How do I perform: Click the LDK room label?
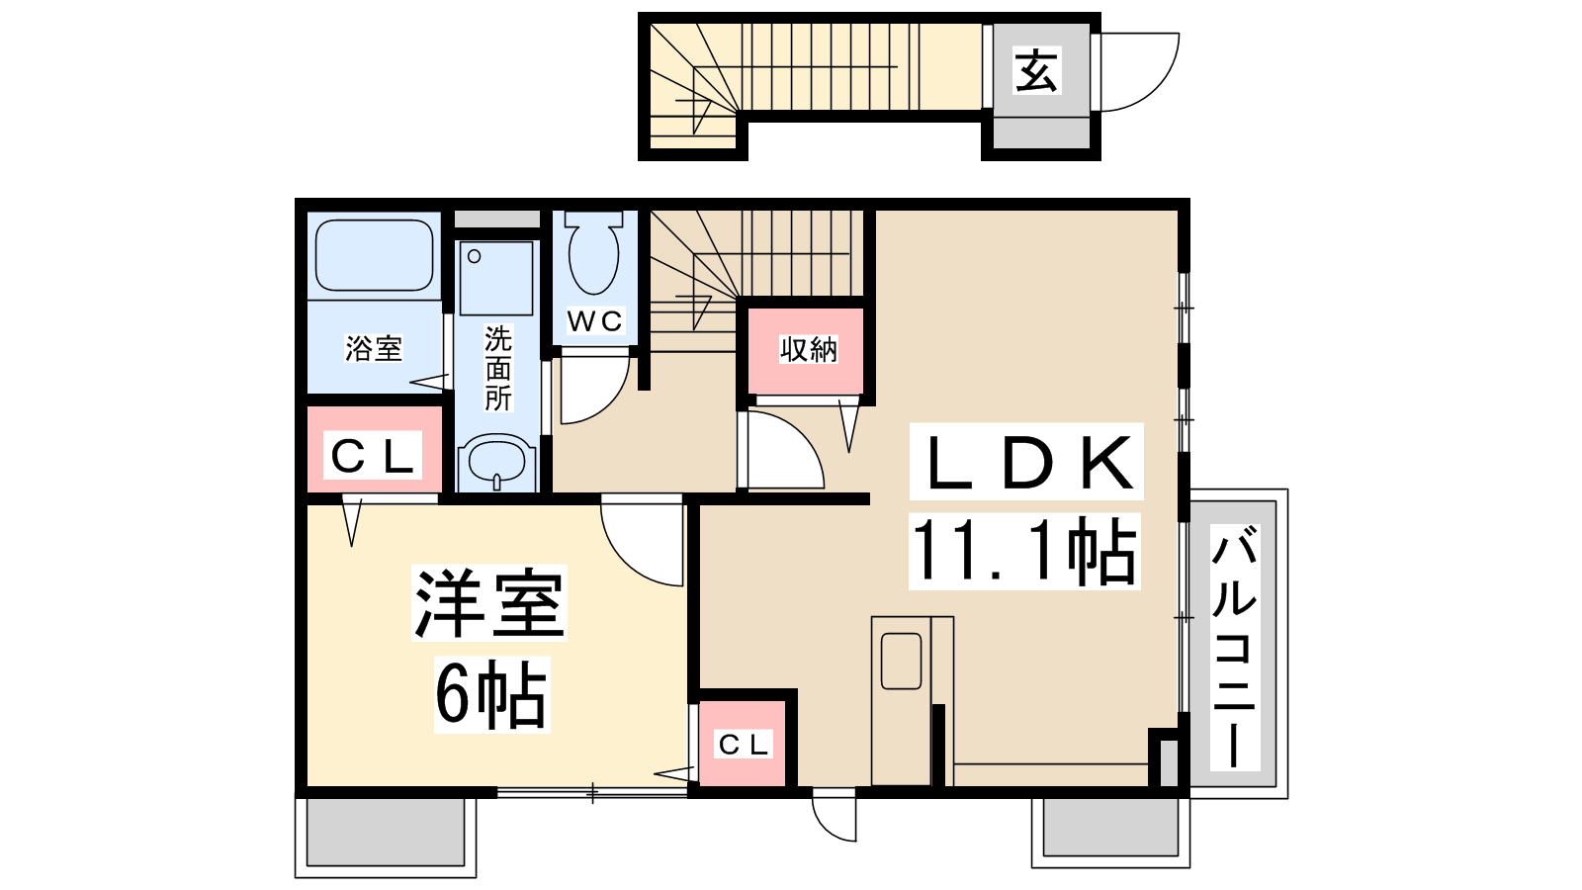click(1026, 462)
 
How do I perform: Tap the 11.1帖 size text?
click(1024, 552)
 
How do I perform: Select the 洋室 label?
click(488, 602)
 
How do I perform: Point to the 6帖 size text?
click(491, 694)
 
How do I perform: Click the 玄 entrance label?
click(1036, 70)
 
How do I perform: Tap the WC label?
click(594, 321)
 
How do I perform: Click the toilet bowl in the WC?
click(594, 253)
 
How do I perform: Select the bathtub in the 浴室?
click(375, 255)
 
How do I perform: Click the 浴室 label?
click(374, 348)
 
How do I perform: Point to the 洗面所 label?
click(498, 368)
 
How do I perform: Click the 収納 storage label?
click(809, 350)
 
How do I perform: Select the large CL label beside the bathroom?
click(372, 456)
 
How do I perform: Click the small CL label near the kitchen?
click(743, 744)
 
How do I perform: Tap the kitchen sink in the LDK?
click(902, 662)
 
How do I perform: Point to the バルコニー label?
click(1235, 647)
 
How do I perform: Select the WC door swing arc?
click(612, 403)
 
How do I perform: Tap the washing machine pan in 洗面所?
click(496, 278)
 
